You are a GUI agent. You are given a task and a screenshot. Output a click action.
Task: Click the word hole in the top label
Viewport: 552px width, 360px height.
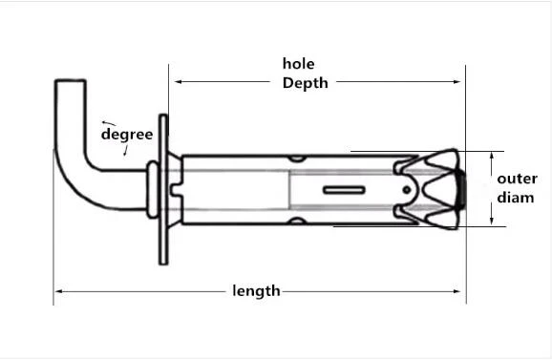(299, 64)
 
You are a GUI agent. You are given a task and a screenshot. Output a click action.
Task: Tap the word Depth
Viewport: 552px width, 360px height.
(306, 83)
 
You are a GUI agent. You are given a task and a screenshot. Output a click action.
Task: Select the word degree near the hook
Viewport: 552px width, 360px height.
(127, 135)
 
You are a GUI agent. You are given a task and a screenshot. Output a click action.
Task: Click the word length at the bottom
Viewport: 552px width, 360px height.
(256, 291)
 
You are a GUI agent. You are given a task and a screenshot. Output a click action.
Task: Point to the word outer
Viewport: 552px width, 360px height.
(517, 179)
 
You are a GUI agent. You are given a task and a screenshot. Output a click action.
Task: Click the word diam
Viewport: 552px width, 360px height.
(516, 198)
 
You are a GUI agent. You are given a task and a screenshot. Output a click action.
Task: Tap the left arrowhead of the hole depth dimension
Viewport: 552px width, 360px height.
(179, 81)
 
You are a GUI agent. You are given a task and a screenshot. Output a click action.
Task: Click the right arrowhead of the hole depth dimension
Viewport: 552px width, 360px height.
(456, 81)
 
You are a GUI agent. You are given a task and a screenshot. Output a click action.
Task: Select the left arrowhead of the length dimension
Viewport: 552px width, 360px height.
(59, 291)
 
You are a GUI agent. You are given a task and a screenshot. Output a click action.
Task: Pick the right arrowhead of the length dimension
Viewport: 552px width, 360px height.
(456, 291)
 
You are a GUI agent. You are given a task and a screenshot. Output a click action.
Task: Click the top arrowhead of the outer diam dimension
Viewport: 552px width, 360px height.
(492, 156)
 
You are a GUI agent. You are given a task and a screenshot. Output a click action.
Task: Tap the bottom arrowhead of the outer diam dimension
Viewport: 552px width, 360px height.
(492, 222)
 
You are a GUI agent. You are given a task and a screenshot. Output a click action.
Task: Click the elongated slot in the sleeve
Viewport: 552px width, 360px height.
(344, 190)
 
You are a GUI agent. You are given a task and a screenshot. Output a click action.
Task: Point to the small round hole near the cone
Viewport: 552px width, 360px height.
(407, 190)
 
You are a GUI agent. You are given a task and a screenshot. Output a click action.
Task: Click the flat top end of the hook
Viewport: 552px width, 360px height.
(70, 81)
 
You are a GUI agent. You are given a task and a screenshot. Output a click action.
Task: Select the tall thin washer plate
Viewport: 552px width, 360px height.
(163, 189)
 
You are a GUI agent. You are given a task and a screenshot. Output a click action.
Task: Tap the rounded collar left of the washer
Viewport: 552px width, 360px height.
(153, 189)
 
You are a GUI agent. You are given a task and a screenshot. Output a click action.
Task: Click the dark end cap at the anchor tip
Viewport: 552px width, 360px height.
(461, 189)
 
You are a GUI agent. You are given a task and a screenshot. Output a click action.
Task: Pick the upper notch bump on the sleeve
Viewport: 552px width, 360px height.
(296, 159)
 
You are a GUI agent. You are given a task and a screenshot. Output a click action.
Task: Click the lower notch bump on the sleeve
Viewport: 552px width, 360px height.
(296, 221)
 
